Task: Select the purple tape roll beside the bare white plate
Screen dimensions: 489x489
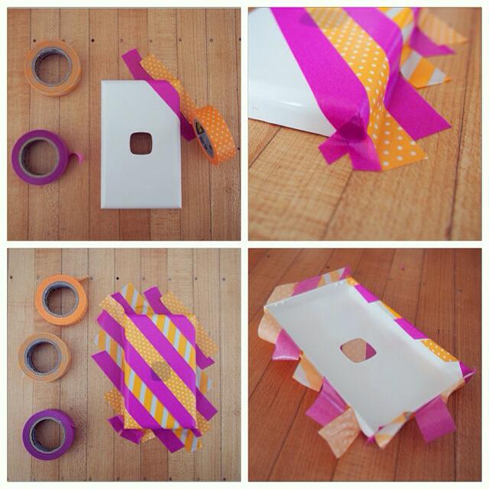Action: pyautogui.click(x=41, y=157)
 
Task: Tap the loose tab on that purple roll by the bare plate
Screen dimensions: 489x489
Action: pyautogui.click(x=76, y=158)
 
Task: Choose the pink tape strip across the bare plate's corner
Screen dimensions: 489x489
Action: pyautogui.click(x=157, y=84)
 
